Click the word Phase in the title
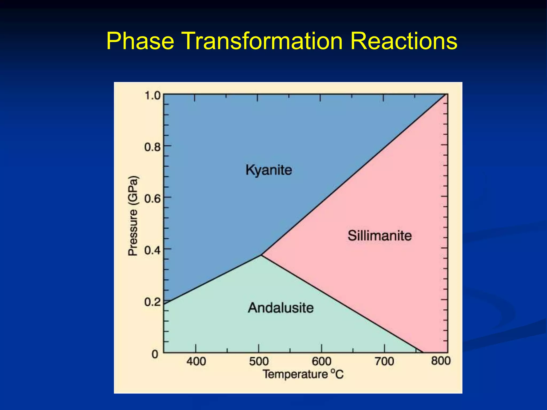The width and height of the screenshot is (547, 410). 140,41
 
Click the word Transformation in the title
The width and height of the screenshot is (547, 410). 263,41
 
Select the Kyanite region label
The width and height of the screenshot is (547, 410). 269,170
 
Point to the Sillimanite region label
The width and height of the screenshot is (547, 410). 379,236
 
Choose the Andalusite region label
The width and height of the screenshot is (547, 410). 280,308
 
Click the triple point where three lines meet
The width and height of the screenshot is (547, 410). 261,255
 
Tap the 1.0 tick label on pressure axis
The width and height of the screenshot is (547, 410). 153,96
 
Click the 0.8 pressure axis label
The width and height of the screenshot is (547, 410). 153,147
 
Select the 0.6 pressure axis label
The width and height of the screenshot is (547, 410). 153,199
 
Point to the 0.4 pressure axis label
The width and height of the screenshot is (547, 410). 153,250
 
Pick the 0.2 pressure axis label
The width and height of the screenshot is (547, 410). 153,302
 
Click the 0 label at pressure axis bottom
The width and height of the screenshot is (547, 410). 155,354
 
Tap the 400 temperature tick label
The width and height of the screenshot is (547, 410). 196,361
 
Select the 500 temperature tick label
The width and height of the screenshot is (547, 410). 259,361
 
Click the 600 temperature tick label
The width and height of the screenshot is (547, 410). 322,361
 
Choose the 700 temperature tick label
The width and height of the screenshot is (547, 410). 384,361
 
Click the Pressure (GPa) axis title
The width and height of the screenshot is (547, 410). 133,216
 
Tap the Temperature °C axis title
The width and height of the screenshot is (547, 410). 303,374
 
